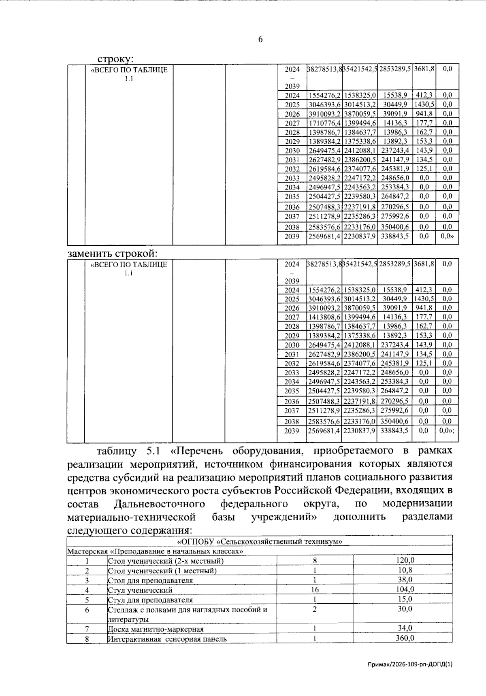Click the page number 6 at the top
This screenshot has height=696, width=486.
[x=260, y=39]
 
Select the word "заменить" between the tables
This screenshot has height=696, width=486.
[x=90, y=253]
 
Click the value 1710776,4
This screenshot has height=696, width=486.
[x=324, y=123]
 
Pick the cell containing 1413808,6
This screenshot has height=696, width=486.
[x=324, y=317]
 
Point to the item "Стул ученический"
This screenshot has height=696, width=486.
[x=140, y=590]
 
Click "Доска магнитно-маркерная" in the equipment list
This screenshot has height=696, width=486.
[x=156, y=629]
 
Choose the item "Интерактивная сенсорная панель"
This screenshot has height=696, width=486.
[x=167, y=639]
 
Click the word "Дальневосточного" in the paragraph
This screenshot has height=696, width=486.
[x=159, y=504]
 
